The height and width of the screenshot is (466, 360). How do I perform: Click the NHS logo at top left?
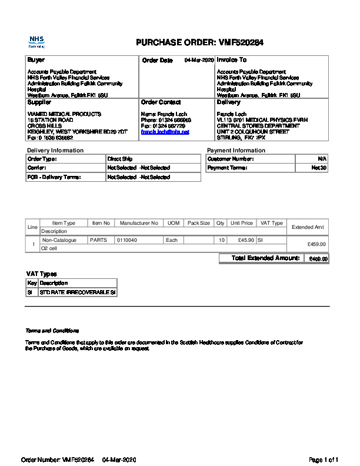point(36,41)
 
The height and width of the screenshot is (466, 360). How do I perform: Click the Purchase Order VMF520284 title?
point(199,42)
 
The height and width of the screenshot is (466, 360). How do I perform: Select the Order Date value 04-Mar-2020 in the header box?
point(199,60)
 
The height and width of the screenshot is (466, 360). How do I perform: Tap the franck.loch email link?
point(165,132)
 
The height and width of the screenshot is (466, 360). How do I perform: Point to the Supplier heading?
point(39,102)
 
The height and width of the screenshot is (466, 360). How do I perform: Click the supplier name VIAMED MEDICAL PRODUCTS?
point(65,114)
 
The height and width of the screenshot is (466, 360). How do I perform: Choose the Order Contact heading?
point(161,102)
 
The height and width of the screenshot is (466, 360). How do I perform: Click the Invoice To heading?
point(232,60)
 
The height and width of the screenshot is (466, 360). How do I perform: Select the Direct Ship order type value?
point(119,159)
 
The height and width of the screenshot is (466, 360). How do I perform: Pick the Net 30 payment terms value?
point(319,168)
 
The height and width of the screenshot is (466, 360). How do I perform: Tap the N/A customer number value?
point(322,159)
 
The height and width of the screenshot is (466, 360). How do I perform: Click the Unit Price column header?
point(242,223)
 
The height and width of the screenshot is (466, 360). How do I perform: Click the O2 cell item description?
point(49,248)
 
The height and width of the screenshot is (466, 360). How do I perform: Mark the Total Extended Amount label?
point(266,258)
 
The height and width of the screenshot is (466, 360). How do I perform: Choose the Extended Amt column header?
point(308,227)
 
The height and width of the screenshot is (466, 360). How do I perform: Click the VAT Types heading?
point(41,274)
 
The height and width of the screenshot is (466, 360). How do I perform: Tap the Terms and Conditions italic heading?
point(52,331)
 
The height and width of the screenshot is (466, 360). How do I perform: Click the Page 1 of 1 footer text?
point(324,459)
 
